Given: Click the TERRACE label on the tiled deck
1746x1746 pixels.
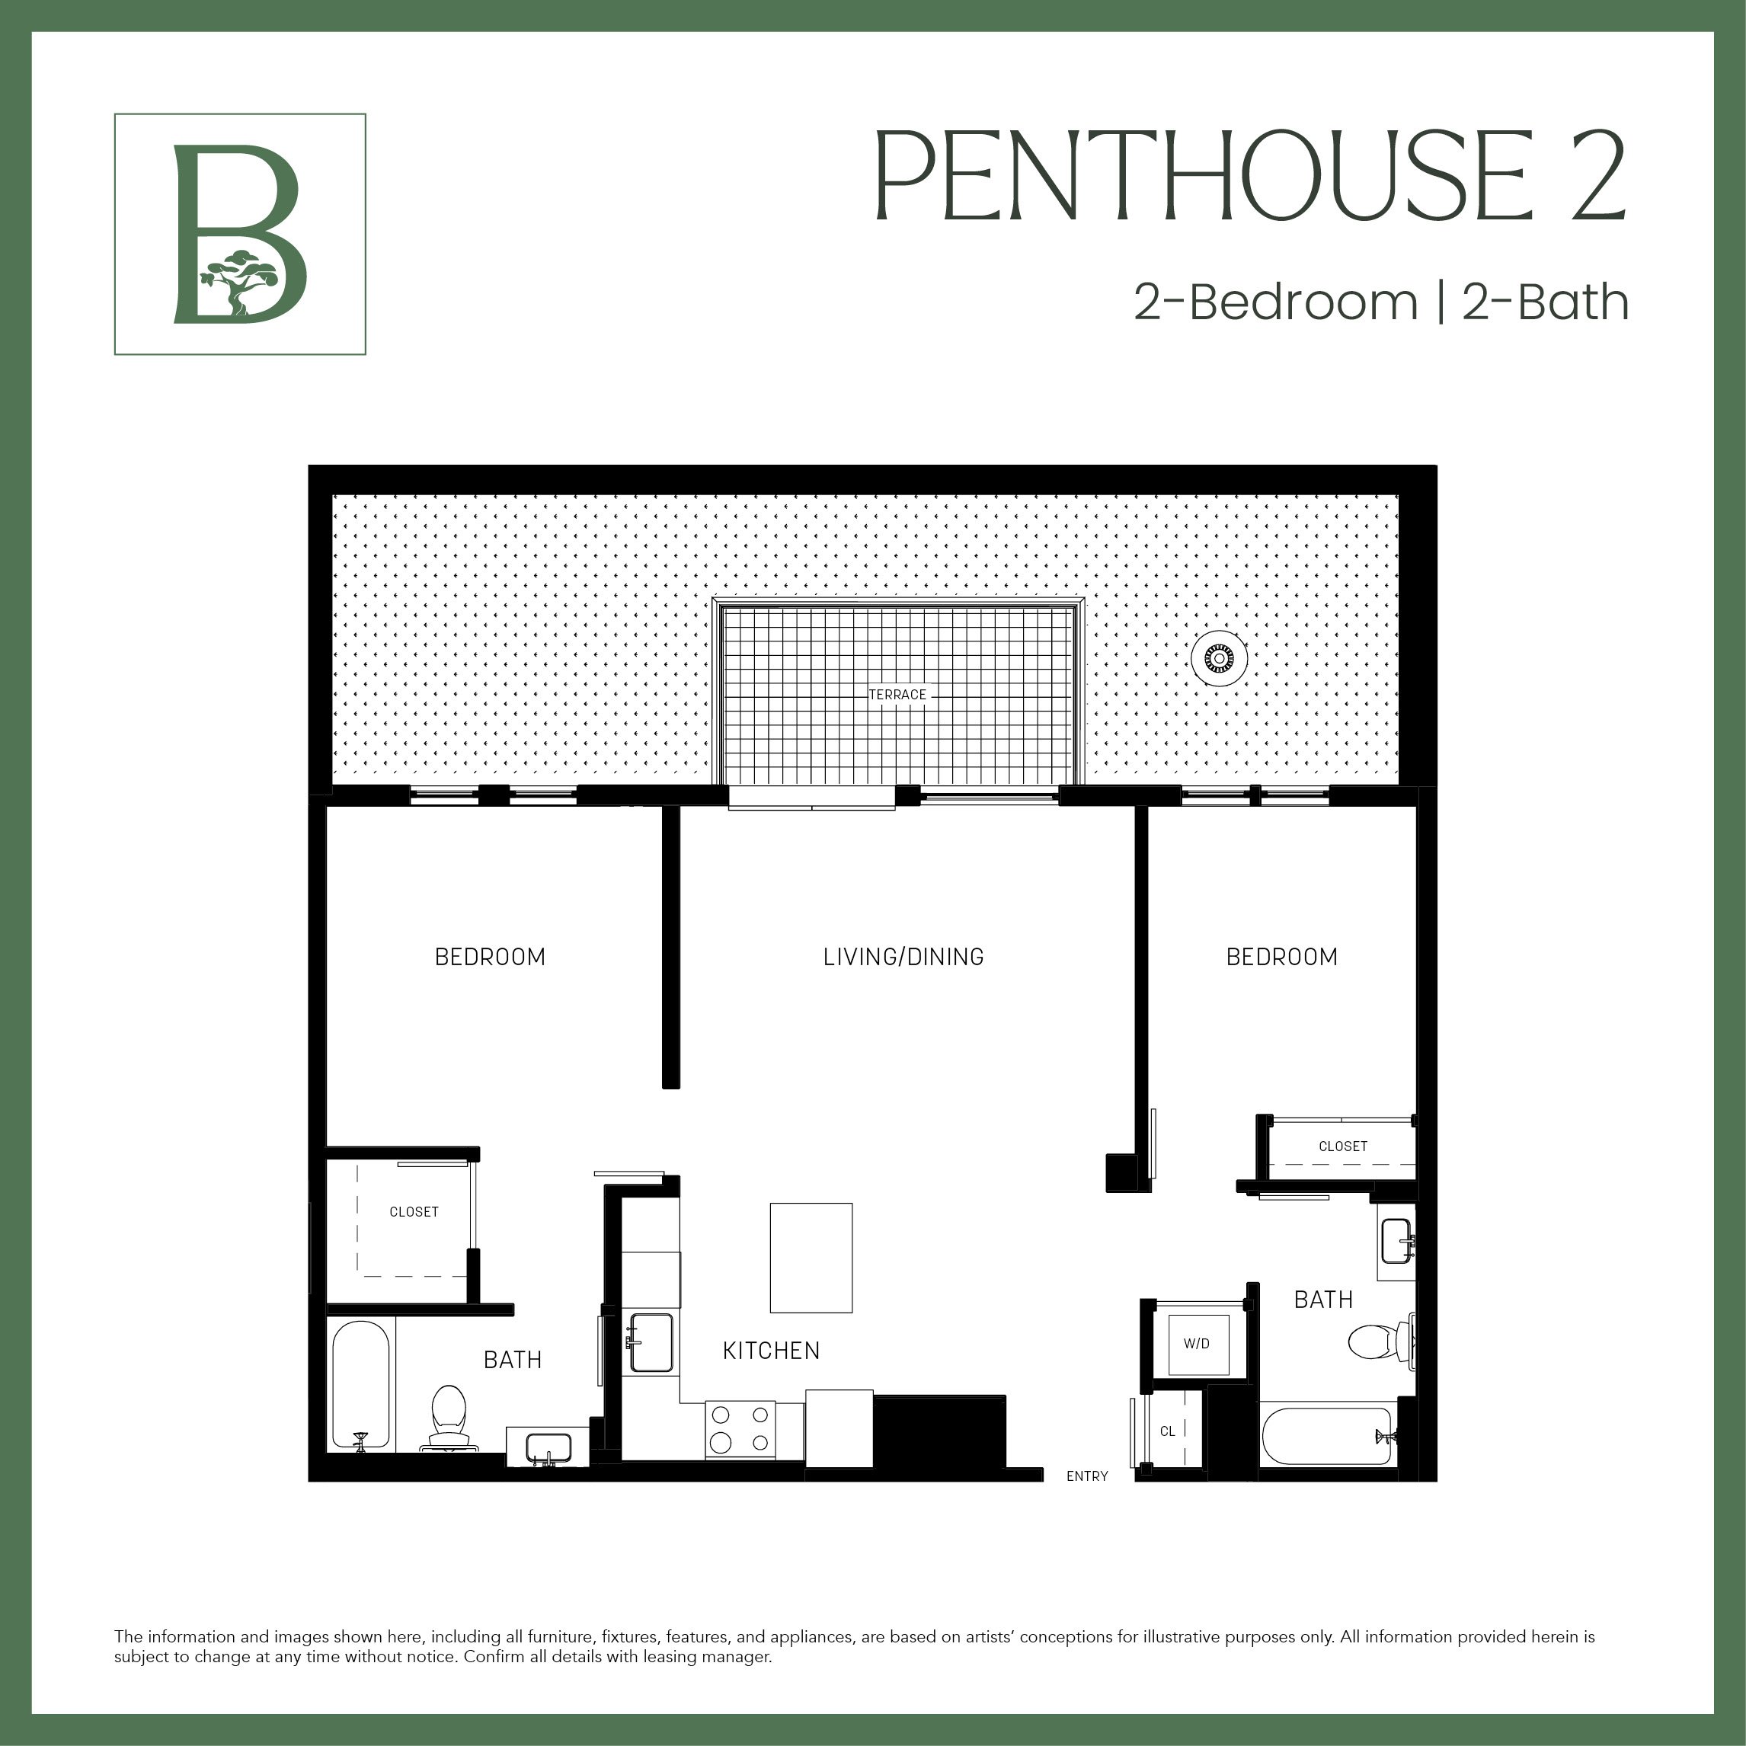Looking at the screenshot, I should (x=897, y=695).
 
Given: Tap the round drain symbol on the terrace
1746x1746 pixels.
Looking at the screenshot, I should (x=1219, y=659).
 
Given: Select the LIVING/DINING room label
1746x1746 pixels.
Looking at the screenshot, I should (x=903, y=957).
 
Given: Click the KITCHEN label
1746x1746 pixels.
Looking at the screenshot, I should (x=771, y=1350).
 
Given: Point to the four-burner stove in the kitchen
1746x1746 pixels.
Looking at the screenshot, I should (x=740, y=1428).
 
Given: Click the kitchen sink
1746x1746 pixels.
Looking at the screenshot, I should (x=651, y=1342).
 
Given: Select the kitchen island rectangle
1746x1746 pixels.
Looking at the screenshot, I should (x=811, y=1257).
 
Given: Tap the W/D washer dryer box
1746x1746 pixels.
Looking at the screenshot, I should (x=1197, y=1344).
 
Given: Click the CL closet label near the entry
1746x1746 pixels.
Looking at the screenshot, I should (x=1168, y=1431).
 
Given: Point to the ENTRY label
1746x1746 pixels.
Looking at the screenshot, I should (x=1086, y=1476).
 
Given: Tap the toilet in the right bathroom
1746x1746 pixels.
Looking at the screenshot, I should (x=1377, y=1342).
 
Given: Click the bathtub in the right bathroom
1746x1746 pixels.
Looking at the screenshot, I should (x=1327, y=1436).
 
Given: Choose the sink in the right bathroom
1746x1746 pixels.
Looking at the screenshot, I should (x=1396, y=1242).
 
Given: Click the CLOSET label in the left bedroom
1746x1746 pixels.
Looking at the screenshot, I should (x=414, y=1212).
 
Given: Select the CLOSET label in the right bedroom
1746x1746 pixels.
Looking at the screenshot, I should (x=1342, y=1146).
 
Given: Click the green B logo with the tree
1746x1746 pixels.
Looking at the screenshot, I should (x=239, y=234).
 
